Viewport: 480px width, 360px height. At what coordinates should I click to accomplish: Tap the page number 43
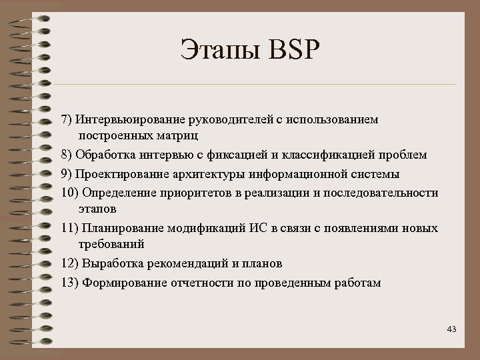[451, 329]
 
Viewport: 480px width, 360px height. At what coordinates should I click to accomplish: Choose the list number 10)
[69, 193]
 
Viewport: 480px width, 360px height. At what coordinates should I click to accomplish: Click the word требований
[111, 244]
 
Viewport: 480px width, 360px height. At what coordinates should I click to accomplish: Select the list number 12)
[69, 263]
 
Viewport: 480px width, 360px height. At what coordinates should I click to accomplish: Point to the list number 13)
[69, 283]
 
